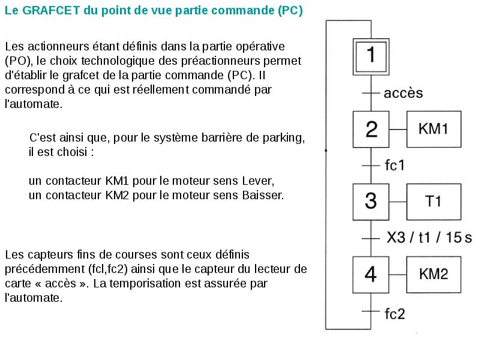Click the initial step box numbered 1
pyautogui.click(x=371, y=56)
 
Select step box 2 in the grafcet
pyautogui.click(x=371, y=129)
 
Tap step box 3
pyautogui.click(x=371, y=201)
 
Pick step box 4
pyautogui.click(x=371, y=274)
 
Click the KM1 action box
pyautogui.click(x=434, y=129)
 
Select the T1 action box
pyautogui.click(x=434, y=201)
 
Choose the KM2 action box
pyautogui.click(x=434, y=274)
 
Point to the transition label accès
pyautogui.click(x=403, y=93)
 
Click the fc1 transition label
pyautogui.click(x=394, y=165)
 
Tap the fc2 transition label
pyautogui.click(x=395, y=313)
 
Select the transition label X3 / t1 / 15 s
pyautogui.click(x=429, y=238)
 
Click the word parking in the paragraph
pyautogui.click(x=284, y=137)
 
